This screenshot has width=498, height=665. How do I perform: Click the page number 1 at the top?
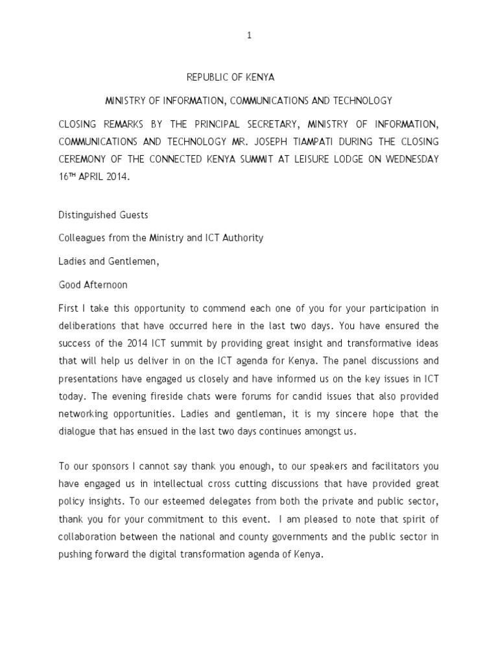tap(249, 36)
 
